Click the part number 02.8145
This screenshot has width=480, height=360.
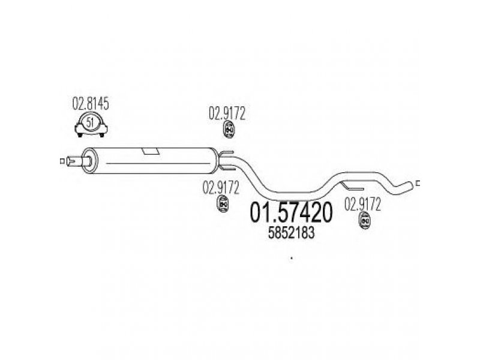tap(91, 104)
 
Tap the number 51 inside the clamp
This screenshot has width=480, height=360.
tap(90, 122)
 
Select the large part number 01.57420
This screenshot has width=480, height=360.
tap(291, 213)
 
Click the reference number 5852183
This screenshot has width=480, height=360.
tap(291, 233)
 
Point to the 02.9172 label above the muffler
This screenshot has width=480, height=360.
tap(227, 113)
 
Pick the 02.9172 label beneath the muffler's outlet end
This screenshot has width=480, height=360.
tap(221, 188)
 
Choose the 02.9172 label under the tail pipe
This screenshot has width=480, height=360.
tap(363, 205)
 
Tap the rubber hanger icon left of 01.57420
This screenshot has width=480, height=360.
tap(223, 203)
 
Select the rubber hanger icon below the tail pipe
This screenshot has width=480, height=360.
tap(364, 220)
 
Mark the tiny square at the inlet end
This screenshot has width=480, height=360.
tap(62, 161)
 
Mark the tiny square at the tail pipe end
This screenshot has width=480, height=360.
tap(418, 184)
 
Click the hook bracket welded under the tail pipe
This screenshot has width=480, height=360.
tap(352, 186)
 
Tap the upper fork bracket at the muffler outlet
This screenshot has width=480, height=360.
tap(227, 153)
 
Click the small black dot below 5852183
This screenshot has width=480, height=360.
tap(292, 258)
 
